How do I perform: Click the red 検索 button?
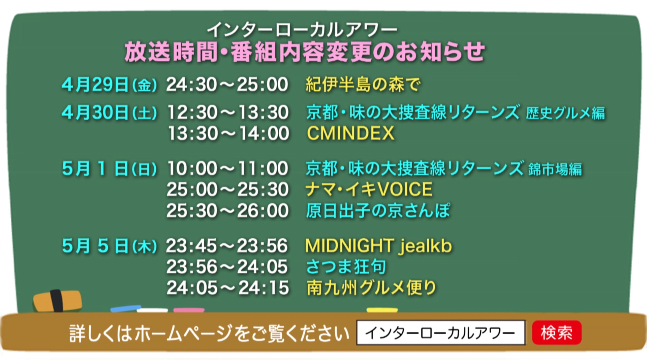tap(557, 333)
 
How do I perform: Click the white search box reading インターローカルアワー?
tap(441, 333)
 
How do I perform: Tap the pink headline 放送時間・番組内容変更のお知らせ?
tap(305, 52)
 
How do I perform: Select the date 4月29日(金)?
tap(109, 84)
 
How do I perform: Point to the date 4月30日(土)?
tap(109, 113)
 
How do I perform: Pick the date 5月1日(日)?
tap(109, 169)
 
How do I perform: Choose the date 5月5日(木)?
tap(109, 246)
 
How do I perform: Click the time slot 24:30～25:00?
tap(227, 84)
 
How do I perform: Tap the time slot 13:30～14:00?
tap(228, 133)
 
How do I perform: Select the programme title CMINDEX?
tap(350, 133)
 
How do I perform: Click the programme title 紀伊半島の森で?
tap(363, 84)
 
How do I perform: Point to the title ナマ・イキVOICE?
tap(369, 189)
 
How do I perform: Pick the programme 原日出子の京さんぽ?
tap(378, 211)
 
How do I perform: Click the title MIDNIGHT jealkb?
tap(378, 246)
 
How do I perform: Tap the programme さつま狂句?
tap(346, 267)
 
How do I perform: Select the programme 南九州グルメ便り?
tap(371, 288)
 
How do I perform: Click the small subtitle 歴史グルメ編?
tap(565, 113)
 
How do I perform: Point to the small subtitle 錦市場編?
tap(555, 170)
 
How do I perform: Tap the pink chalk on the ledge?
tap(189, 310)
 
